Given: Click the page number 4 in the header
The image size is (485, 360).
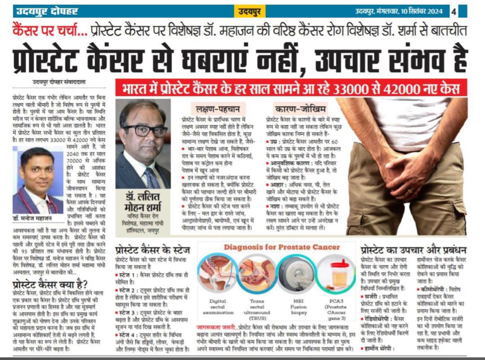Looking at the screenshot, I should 454,11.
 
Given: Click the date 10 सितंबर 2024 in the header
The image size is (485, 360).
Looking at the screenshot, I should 422,11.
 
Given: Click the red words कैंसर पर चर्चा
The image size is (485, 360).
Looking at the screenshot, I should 50,30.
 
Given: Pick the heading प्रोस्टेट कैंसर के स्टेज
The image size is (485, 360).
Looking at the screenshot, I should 153,250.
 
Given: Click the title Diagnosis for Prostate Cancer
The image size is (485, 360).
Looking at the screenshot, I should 282,247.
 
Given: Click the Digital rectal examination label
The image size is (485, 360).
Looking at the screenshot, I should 217,307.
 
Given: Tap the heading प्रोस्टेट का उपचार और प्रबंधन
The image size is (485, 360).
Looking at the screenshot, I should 413,250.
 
